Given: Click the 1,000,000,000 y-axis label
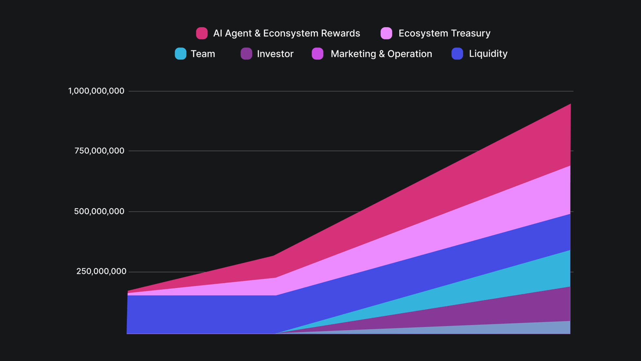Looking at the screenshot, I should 96,91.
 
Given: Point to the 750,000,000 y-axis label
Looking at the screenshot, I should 99,151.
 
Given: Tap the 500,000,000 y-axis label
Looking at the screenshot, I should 99,211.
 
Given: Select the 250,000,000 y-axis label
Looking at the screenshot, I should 101,271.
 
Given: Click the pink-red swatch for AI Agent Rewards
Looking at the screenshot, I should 202,33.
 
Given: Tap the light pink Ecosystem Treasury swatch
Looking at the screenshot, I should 386,33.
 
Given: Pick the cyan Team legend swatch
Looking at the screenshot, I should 181,54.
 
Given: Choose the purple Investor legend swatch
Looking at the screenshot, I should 246,54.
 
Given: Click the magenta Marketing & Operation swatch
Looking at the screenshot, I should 318,54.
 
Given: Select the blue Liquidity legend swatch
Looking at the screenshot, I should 457,54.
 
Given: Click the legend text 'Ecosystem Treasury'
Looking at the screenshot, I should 444,33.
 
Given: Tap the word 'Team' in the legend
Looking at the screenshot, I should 203,54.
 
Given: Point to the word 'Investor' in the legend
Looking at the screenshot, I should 275,54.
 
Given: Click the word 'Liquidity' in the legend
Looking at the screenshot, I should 488,54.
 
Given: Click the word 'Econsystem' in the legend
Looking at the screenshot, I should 290,33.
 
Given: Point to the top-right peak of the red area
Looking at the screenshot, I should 570,105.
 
